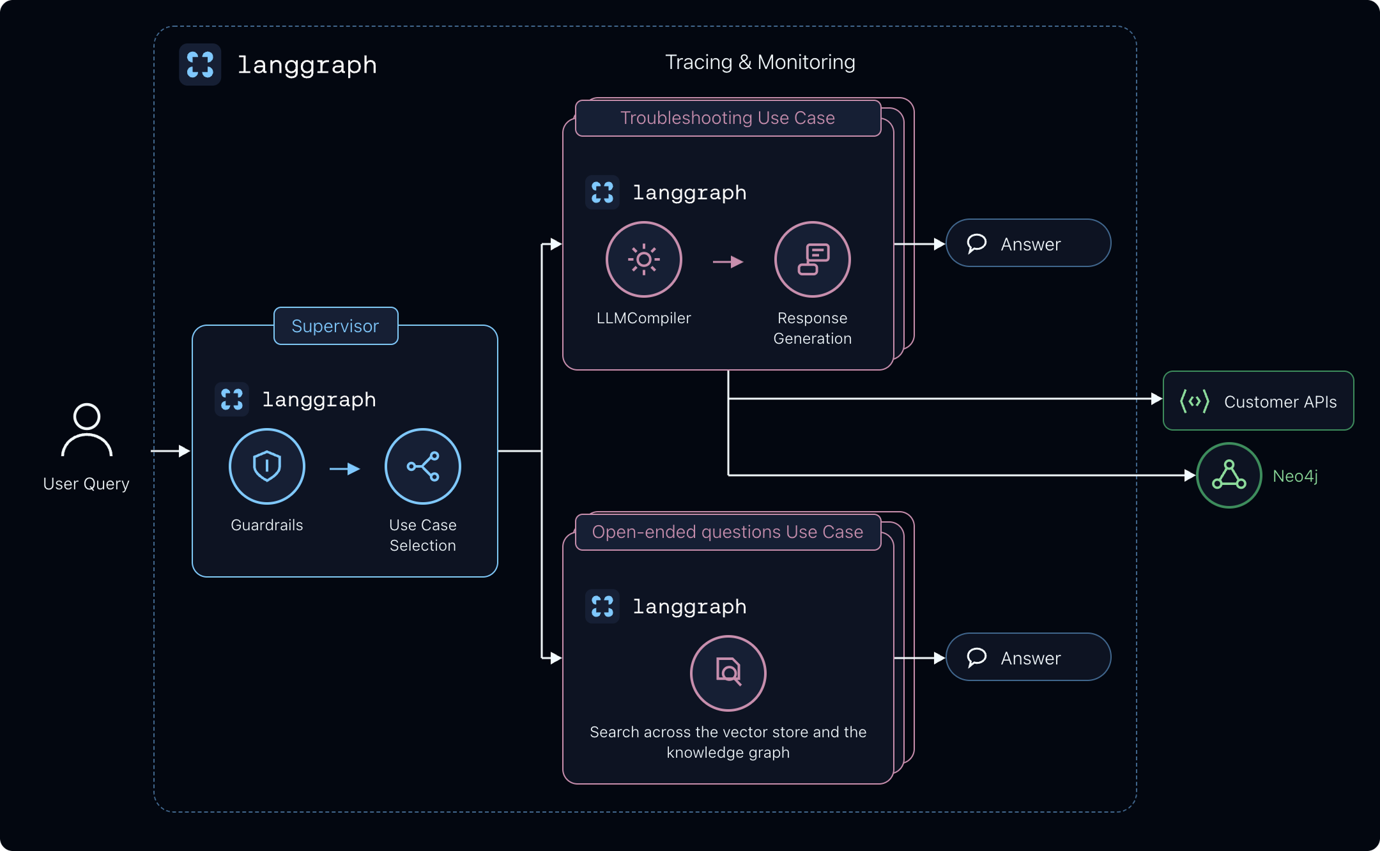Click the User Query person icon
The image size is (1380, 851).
[x=87, y=430]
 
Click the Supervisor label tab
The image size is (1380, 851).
[x=335, y=326]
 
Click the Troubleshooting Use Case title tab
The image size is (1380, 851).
[x=728, y=118]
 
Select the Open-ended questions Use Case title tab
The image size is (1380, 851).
[x=728, y=532]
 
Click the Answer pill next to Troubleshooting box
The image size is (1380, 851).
[x=1029, y=243]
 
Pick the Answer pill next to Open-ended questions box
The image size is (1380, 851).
[x=1029, y=657]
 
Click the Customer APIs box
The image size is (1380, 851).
[x=1259, y=401]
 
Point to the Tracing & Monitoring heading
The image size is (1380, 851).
[x=760, y=62]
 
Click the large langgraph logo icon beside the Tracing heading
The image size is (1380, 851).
[x=200, y=65]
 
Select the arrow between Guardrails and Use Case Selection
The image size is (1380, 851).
[x=345, y=469]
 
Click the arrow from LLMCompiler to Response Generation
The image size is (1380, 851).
[x=728, y=262]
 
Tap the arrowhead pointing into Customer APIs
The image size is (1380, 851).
[x=1156, y=399]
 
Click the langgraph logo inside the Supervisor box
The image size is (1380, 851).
[x=232, y=399]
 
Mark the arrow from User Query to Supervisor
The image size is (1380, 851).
[x=171, y=451]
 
